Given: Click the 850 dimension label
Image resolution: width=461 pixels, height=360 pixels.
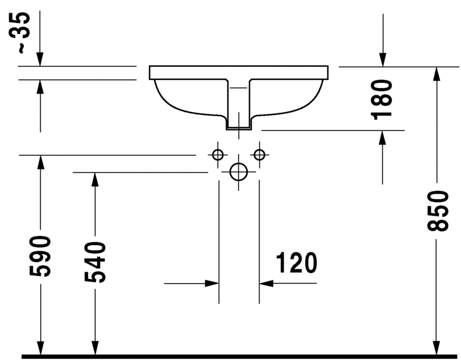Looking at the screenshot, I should pos(437,210).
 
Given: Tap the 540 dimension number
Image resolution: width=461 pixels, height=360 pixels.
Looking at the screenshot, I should pos(96,262).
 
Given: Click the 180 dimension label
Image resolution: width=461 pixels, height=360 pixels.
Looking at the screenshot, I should pos(382,99).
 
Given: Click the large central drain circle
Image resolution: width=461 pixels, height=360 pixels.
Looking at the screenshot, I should pos(238,171).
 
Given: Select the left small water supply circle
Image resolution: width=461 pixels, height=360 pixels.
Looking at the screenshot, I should pos(218,155).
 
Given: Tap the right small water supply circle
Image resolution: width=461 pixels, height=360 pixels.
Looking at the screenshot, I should pos(259,155).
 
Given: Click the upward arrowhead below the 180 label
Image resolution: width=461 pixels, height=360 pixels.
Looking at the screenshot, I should pos(383,137).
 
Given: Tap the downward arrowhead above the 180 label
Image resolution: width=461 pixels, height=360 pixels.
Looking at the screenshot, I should pos(383,59).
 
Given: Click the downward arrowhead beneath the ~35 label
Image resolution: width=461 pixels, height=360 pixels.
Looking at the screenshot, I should pos(40,59).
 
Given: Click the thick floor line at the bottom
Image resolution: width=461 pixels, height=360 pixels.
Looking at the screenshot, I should pos(230,357).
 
